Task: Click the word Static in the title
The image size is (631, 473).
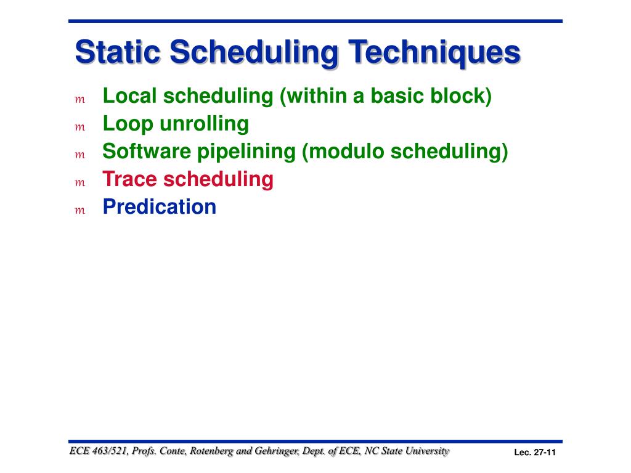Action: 118,52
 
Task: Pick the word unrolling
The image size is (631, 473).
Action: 204,124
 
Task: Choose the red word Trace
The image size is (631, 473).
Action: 129,179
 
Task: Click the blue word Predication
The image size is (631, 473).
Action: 160,207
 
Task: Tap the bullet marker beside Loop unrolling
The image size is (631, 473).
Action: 80,127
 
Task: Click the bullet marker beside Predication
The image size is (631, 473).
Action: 80,211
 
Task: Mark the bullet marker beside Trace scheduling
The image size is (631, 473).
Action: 80,183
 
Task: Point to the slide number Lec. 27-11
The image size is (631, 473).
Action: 535,453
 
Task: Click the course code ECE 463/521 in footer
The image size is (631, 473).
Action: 99,451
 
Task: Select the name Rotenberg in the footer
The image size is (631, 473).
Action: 211,451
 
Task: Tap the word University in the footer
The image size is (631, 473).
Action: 427,451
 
